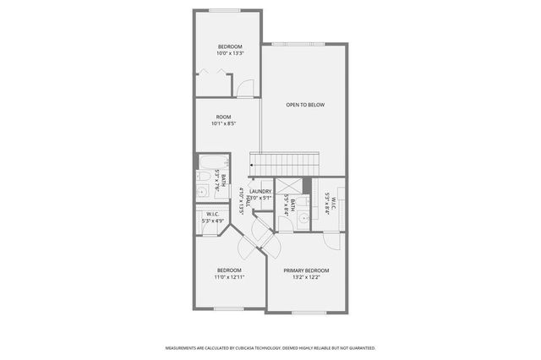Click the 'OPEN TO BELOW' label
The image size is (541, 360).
click(x=305, y=105)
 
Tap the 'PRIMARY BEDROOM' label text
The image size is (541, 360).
click(x=306, y=270)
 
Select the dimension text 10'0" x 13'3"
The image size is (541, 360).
click(x=231, y=53)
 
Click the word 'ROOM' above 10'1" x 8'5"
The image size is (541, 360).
click(x=223, y=117)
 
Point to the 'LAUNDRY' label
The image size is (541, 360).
click(x=260, y=191)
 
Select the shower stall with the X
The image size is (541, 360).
click(x=289, y=187)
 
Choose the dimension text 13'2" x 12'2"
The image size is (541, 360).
click(x=306, y=277)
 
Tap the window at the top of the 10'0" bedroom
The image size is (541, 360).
click(x=224, y=10)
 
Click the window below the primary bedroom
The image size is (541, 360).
click(x=308, y=312)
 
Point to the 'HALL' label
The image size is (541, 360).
click(x=249, y=201)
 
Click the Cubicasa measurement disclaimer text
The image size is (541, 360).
click(x=270, y=347)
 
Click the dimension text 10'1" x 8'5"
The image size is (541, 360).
click(x=223, y=123)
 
